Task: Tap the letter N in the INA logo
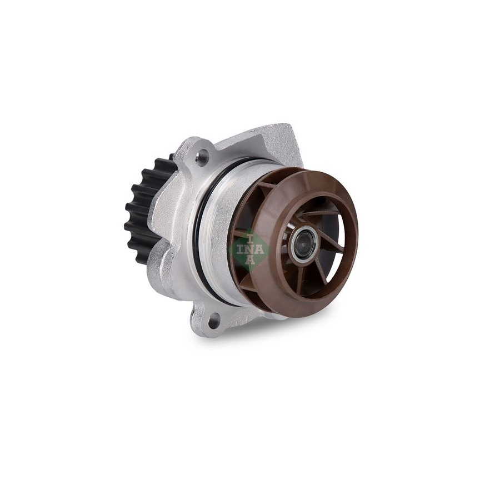pos(251,249)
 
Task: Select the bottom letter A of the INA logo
pos(251,261)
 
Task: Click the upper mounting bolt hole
pos(201,157)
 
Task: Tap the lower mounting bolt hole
pos(213,319)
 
